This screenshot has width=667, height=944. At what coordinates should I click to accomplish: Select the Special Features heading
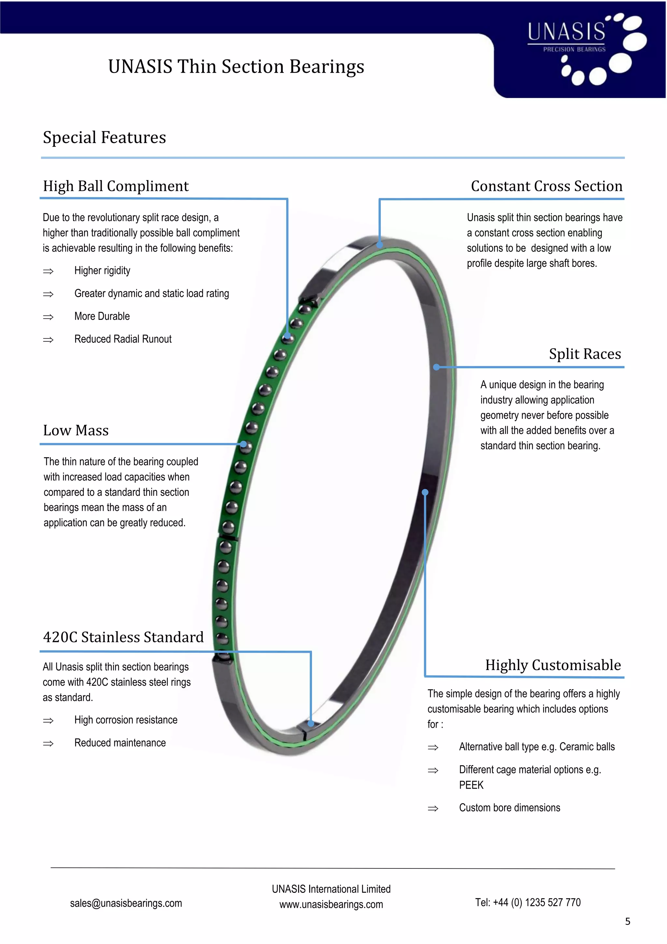tap(105, 137)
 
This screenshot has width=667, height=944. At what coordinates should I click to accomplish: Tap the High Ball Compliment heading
tap(116, 186)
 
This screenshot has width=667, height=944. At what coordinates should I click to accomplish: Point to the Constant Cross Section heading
tap(546, 186)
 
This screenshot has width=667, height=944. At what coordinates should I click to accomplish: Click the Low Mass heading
tap(76, 431)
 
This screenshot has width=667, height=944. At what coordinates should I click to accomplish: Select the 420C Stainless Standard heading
tap(123, 637)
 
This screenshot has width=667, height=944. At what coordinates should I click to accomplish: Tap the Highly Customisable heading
tap(553, 665)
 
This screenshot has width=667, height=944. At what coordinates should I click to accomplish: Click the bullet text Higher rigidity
tap(102, 271)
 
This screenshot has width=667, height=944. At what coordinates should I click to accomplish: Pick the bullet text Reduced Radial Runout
tap(123, 339)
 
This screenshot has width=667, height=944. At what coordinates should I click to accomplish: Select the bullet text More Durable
tap(102, 316)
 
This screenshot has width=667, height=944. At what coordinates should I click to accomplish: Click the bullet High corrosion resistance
tap(126, 720)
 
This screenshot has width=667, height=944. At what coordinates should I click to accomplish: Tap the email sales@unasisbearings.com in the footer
tap(126, 903)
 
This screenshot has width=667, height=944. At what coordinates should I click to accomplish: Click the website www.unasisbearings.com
tap(331, 905)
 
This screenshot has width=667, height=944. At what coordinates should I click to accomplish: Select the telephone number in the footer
tap(528, 903)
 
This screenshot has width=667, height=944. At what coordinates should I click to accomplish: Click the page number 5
tap(628, 922)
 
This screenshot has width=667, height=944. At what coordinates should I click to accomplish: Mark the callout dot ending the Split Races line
tap(436, 367)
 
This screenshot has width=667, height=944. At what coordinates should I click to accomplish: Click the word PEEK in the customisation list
tap(471, 785)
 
